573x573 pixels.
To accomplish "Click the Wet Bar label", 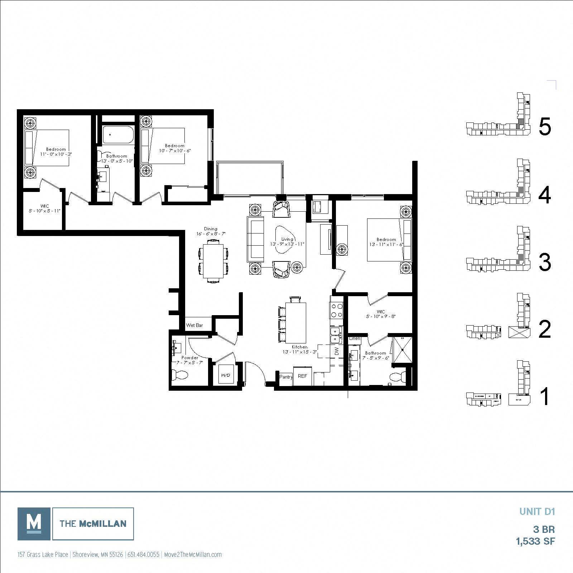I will [194, 325].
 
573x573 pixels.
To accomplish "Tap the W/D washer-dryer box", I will [226, 375].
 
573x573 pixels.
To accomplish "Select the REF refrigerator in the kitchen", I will [302, 376].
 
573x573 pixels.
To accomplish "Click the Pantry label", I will [286, 377].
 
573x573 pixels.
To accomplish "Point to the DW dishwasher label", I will [337, 352].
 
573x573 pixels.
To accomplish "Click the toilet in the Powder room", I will [181, 375].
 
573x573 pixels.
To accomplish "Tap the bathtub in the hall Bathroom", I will [117, 135].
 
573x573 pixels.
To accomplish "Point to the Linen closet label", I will [355, 338].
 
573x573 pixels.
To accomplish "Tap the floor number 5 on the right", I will [544, 127].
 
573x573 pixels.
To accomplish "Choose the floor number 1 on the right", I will [544, 397].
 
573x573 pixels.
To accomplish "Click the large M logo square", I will [34, 524].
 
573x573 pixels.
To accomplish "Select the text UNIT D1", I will [537, 511].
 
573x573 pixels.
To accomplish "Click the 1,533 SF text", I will [535, 541].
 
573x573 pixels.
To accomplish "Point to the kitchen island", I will [296, 322].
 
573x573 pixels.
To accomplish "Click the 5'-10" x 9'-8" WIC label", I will [380, 314].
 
